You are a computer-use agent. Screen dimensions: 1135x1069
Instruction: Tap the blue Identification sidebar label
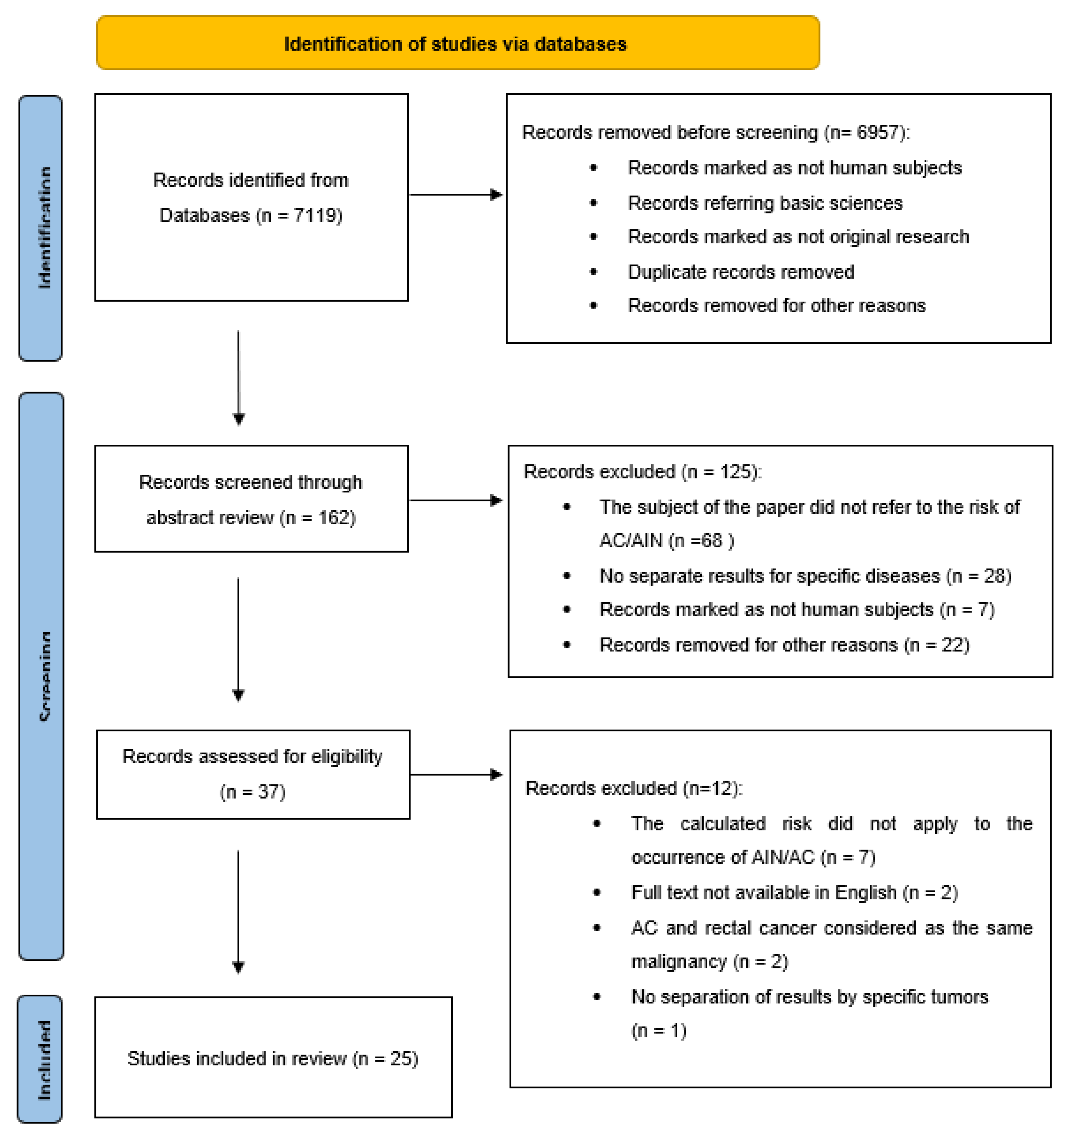click(41, 228)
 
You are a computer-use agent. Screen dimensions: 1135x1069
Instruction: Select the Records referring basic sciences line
click(765, 203)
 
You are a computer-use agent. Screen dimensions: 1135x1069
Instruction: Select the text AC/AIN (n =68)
click(666, 541)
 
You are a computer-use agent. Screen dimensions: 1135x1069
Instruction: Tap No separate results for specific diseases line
click(805, 576)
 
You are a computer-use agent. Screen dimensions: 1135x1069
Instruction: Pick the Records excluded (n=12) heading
click(633, 789)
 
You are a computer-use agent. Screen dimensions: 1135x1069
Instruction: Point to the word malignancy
click(678, 962)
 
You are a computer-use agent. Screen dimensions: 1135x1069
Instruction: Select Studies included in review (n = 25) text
click(272, 1059)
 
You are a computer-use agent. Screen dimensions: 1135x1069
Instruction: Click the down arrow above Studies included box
click(238, 914)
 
